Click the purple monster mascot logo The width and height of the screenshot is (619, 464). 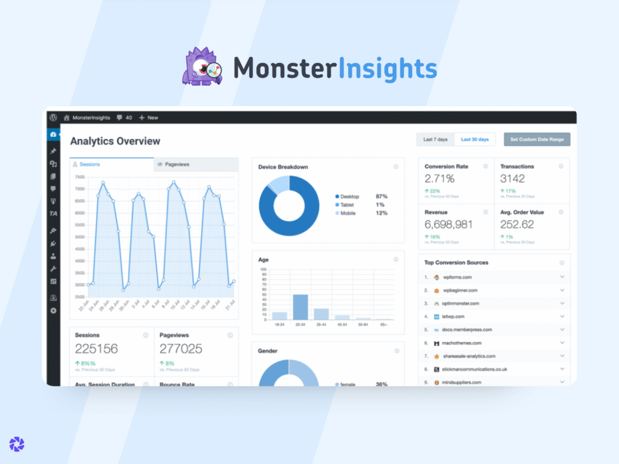pos(203,67)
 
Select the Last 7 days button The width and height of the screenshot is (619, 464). pos(435,140)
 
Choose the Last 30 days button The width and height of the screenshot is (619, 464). pos(475,140)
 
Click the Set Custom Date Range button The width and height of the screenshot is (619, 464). pos(537,140)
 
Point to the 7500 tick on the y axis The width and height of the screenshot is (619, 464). pos(80,177)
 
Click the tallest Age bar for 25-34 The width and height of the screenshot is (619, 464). pos(300,306)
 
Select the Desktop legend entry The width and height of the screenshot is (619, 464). pos(349,196)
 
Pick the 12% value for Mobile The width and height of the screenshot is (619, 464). pos(381,213)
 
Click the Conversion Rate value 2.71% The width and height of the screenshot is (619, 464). pos(439,178)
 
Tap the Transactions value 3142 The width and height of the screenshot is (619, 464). pos(512,178)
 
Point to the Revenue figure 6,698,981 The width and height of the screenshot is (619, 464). pos(449,224)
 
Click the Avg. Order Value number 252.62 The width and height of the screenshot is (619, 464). pos(517,224)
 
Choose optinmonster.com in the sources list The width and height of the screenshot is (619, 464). pos(461,303)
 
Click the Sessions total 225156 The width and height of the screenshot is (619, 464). pos(96,349)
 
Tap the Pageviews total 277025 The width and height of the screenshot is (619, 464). pos(181,349)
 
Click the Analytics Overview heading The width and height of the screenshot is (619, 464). pos(115,141)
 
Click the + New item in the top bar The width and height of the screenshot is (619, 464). pos(149,117)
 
